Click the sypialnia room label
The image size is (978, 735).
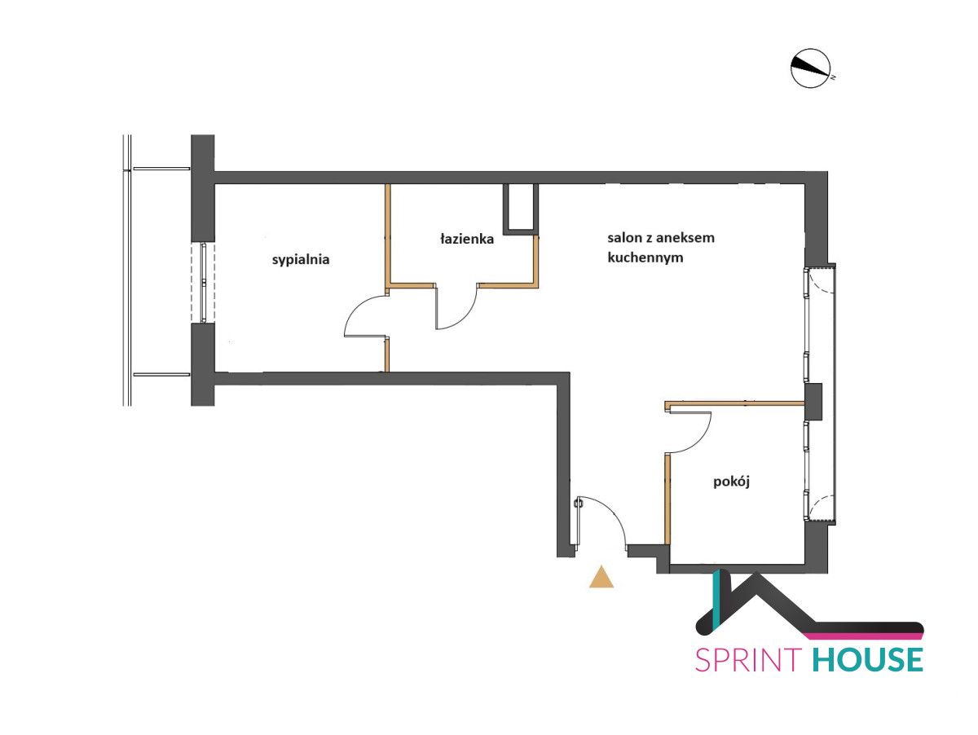300,260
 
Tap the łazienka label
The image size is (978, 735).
466,240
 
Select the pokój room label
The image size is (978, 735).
731,482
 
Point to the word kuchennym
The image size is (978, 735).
645,257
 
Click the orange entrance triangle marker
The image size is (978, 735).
601,577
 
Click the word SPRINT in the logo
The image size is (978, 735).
748,660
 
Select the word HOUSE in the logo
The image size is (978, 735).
867,660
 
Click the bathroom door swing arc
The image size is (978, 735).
466,317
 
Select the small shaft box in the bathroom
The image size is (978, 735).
521,209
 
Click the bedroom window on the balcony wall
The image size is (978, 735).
203,283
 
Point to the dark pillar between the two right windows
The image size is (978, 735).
813,402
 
